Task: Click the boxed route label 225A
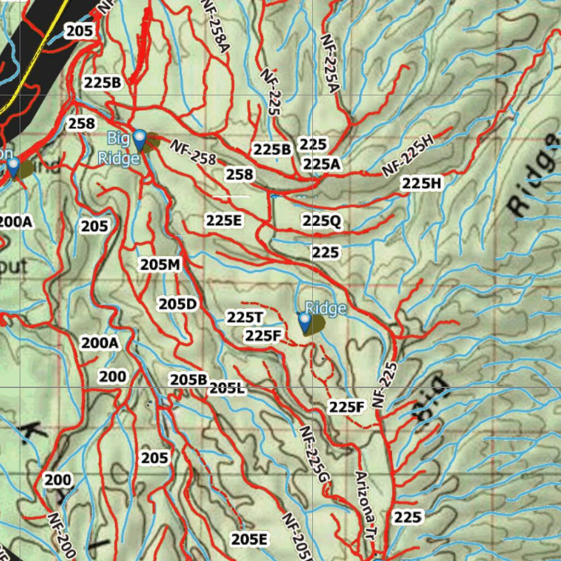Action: [322, 164]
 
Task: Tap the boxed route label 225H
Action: [421, 184]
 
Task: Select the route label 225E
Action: [224, 221]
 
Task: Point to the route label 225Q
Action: [322, 221]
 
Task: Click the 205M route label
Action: [160, 265]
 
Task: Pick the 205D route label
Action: [178, 304]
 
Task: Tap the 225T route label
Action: [245, 317]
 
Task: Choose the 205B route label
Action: [188, 379]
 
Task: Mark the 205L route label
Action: [227, 389]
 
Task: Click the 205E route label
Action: [249, 540]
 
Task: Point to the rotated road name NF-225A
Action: [329, 63]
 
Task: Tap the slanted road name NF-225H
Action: [408, 156]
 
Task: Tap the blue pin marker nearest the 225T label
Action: [304, 323]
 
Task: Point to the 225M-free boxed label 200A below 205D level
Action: [100, 344]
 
